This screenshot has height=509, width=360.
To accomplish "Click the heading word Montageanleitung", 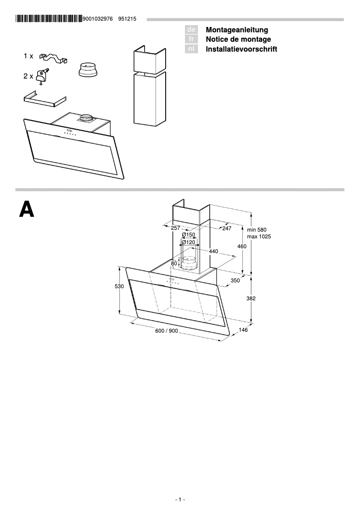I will [x=237, y=30].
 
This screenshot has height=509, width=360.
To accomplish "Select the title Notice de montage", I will [x=238, y=39].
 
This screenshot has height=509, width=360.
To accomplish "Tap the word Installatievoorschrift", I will [x=241, y=49].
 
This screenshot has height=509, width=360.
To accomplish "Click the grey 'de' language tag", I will [x=191, y=30].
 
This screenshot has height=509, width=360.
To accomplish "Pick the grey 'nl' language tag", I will [x=191, y=49].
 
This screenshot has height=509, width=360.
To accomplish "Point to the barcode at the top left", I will [x=48, y=19].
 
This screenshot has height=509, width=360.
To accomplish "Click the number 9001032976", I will [x=98, y=19].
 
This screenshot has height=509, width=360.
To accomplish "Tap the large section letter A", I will [x=27, y=210].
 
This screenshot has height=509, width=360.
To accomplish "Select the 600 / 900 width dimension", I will [x=167, y=331].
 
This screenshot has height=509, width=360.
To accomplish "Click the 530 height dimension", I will [x=119, y=286].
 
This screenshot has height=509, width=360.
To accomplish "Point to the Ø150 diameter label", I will [x=189, y=235].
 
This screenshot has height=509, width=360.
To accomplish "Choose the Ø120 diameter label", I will [x=189, y=242].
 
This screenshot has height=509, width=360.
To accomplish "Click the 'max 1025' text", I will [x=259, y=237].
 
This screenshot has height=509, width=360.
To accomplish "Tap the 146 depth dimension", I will [x=243, y=330].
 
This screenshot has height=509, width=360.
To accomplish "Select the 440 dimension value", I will [x=213, y=251].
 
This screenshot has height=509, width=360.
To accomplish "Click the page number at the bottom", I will [x=180, y=500].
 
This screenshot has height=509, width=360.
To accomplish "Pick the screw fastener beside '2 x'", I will [x=42, y=75].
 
